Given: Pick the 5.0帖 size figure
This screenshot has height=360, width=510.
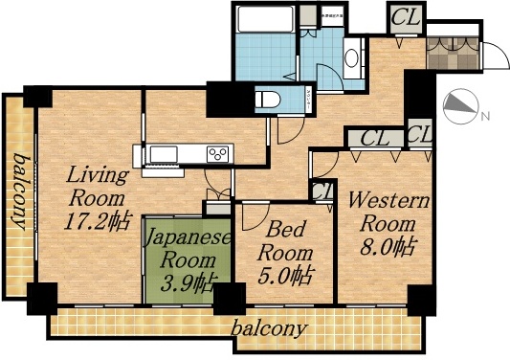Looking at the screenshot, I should pos(288,277).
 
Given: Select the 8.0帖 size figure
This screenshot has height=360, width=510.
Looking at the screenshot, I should pos(388,245).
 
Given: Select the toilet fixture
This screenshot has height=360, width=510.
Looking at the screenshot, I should pos(267,98).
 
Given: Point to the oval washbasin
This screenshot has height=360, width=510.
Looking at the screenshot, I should pos(351,56).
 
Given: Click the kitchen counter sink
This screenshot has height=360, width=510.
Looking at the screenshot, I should pos(163,153).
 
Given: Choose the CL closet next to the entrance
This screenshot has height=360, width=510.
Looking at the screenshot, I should pos(402,16).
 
